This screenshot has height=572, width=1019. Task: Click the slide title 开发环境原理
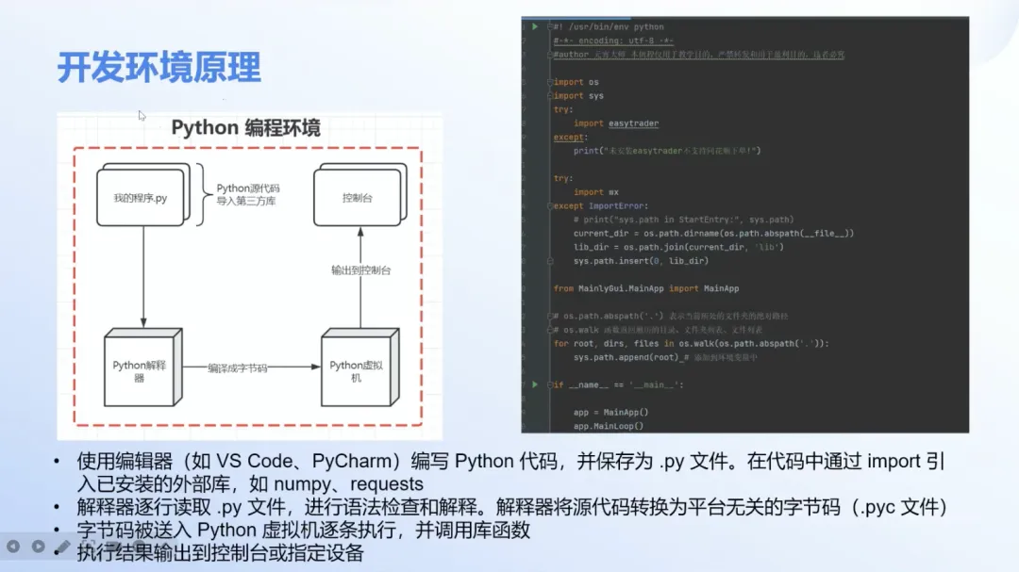pyautogui.click(x=159, y=68)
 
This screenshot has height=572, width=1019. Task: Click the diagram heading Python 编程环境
pyautogui.click(x=245, y=128)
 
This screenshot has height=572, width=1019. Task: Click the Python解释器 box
pyautogui.click(x=140, y=370)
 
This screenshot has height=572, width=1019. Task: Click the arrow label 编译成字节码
pyautogui.click(x=238, y=368)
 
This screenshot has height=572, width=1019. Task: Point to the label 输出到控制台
pyautogui.click(x=361, y=270)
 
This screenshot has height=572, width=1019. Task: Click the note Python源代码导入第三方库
pyautogui.click(x=246, y=195)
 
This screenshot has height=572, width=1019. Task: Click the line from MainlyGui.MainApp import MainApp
pyautogui.click(x=646, y=288)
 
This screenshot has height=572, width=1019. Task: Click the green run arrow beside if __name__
pyautogui.click(x=536, y=384)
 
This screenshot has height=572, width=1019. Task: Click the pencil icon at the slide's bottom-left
pyautogui.click(x=62, y=546)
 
